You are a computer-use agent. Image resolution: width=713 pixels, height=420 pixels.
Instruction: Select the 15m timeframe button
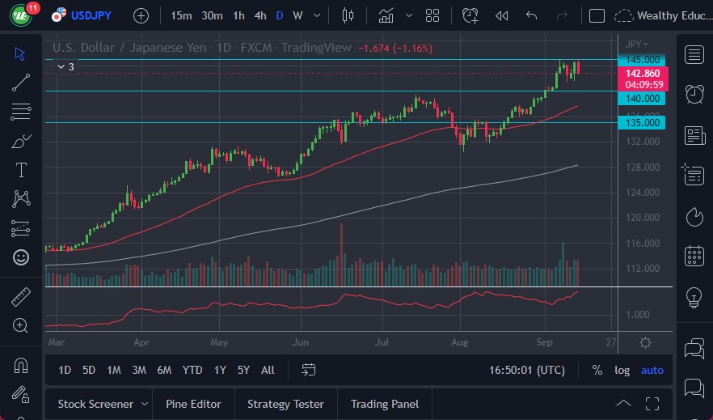(x=182, y=15)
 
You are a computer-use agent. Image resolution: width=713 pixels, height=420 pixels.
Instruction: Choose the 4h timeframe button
(x=259, y=15)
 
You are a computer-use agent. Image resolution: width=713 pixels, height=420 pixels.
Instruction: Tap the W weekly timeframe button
(x=297, y=15)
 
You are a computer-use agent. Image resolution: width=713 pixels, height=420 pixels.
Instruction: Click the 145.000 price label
(x=639, y=60)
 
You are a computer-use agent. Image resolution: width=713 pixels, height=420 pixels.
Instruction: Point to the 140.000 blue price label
(x=639, y=98)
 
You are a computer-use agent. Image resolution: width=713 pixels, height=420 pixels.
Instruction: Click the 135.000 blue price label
(x=639, y=122)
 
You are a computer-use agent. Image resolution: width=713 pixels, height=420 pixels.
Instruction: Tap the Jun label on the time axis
(x=302, y=342)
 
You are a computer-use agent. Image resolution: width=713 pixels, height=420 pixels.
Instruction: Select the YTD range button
(x=192, y=370)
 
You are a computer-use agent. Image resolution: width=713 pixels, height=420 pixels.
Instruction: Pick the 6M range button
(x=164, y=370)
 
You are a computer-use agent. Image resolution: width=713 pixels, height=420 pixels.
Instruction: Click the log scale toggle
(x=622, y=370)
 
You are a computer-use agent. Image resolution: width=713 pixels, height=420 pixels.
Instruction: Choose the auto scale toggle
(x=652, y=370)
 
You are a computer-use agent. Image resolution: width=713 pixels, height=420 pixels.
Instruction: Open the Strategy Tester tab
(x=285, y=404)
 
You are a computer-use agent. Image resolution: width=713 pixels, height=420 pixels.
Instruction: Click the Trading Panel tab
(x=385, y=404)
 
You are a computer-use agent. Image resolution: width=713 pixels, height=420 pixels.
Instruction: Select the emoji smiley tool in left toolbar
(x=21, y=257)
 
